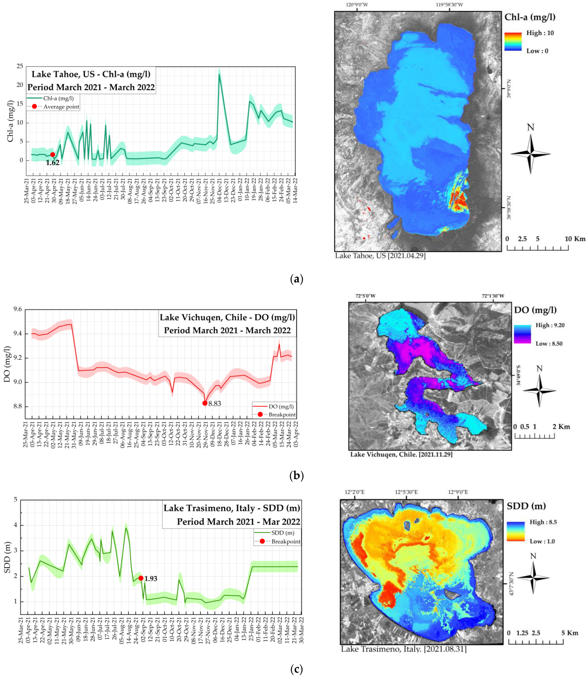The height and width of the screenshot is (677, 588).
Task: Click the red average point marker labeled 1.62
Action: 53,155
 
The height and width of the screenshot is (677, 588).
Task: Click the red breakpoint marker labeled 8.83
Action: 205,403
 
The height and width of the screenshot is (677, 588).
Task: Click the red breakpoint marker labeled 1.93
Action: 141,578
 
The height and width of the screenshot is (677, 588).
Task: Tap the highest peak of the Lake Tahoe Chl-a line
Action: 219,74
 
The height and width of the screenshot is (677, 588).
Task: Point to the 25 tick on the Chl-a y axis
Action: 20,66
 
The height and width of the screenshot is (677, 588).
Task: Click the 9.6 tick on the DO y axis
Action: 17,309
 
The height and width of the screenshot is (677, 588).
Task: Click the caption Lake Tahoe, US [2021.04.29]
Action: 380,256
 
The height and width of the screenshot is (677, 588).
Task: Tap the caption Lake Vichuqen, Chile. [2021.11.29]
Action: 401,454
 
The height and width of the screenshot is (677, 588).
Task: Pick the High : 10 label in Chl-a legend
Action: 540,33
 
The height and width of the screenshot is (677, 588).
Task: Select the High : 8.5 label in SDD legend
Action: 543,522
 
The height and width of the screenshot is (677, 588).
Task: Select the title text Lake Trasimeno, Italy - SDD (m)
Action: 232,508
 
